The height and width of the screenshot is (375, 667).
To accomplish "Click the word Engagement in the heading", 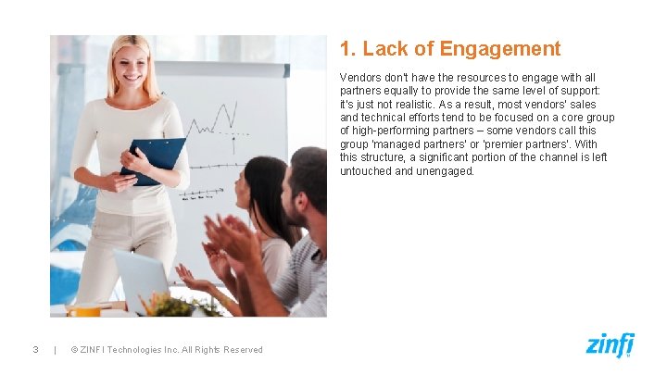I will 500,49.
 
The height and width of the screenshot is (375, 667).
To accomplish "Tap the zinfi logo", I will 610,344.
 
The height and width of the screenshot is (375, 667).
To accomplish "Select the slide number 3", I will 34,349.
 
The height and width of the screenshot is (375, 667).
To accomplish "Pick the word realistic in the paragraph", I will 412,105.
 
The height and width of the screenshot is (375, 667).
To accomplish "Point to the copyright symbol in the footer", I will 74,349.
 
